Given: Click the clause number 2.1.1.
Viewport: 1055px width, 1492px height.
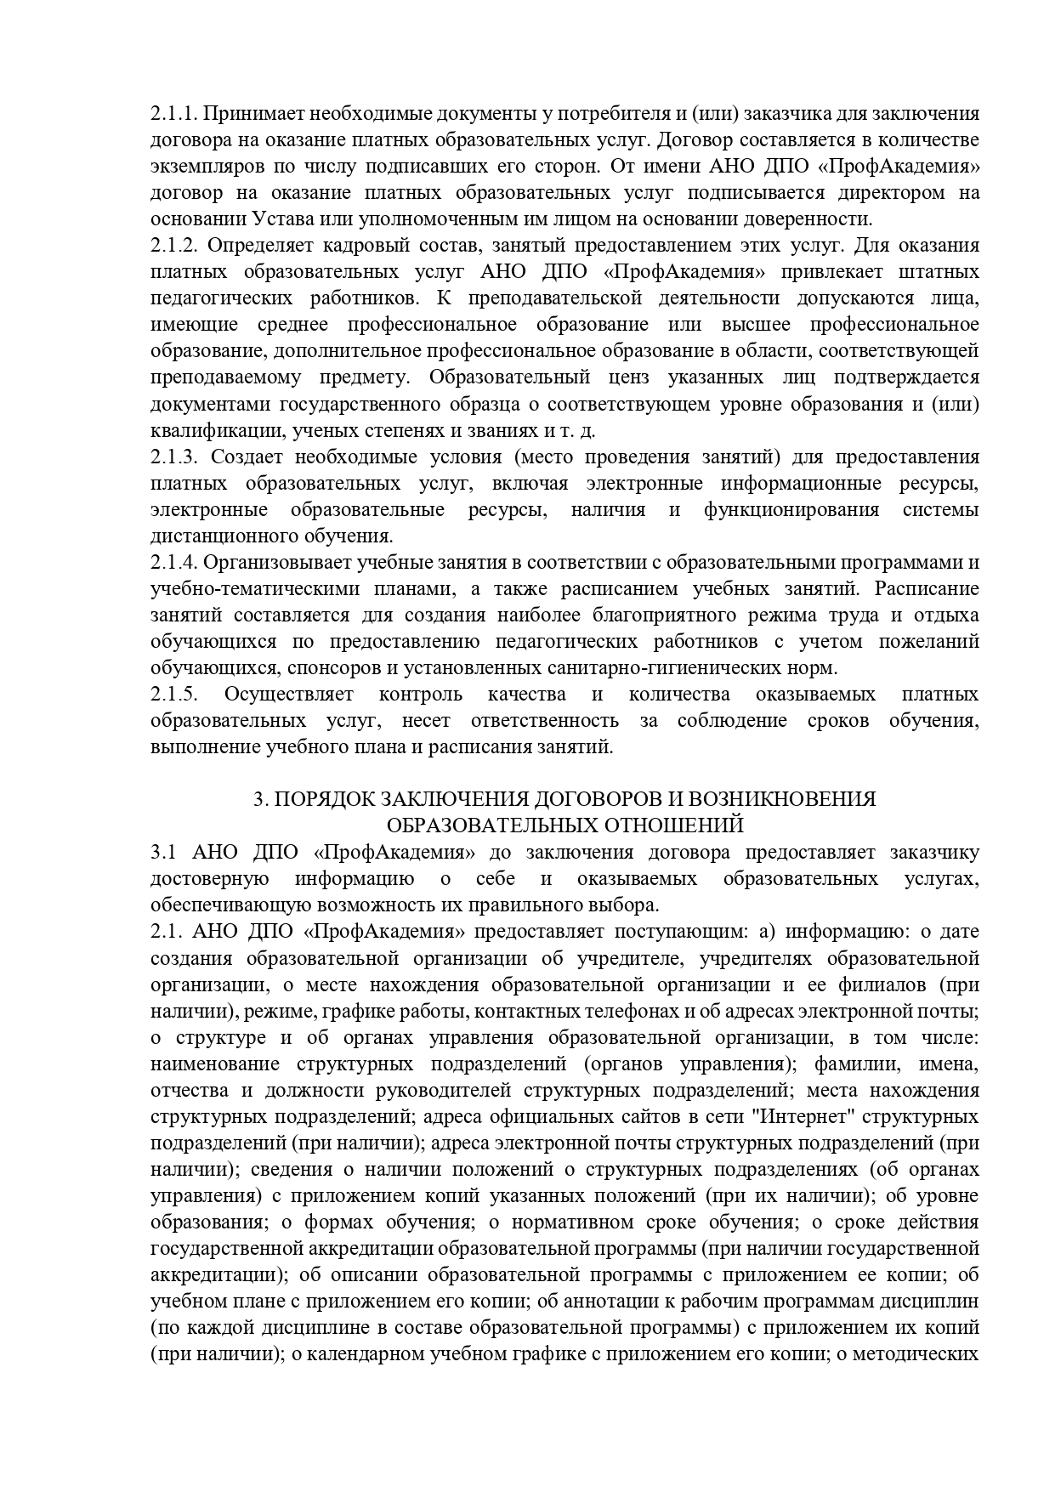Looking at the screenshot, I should pyautogui.click(x=173, y=113).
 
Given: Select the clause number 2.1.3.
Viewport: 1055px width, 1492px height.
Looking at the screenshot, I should pyautogui.click(x=174, y=457).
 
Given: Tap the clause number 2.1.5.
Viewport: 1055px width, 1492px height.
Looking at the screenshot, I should pyautogui.click(x=174, y=695).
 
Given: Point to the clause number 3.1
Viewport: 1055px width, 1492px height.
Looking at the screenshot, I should pyautogui.click(x=162, y=853).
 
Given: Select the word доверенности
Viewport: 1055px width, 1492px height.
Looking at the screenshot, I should pyautogui.click(x=812, y=218).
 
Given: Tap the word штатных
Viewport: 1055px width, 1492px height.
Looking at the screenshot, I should pyautogui.click(x=938, y=272).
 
